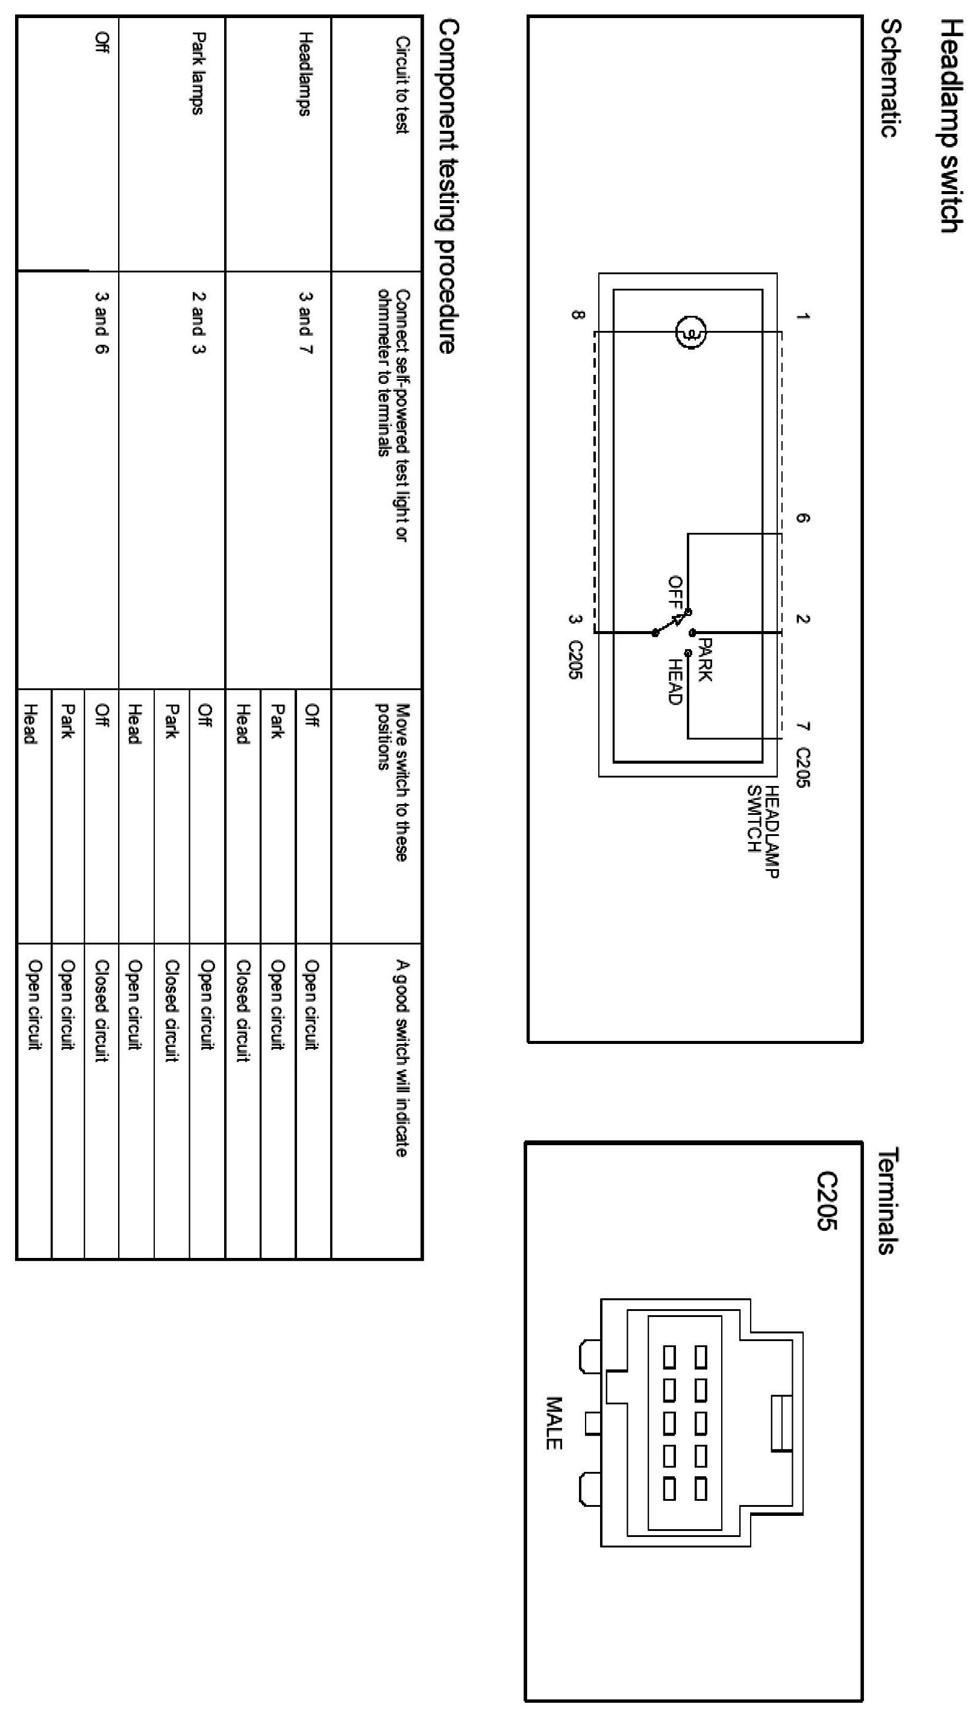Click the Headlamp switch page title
951,125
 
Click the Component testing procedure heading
447,186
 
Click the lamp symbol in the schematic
690,332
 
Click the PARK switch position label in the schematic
704,660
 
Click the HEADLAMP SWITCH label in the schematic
763,831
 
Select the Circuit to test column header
401,85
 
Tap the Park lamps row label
197,73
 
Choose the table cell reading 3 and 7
305,322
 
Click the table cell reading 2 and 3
198,322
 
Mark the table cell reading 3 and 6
102,322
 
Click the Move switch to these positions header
392,782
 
